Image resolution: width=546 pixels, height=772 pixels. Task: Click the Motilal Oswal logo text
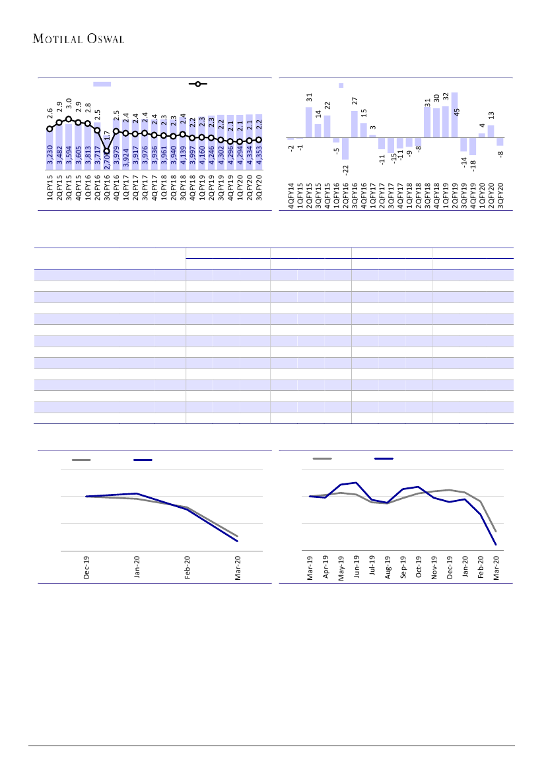click(79, 38)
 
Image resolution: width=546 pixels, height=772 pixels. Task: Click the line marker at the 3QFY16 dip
click(107, 151)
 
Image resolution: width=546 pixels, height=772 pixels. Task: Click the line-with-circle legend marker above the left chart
click(198, 85)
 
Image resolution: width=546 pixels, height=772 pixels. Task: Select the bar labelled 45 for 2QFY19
click(454, 115)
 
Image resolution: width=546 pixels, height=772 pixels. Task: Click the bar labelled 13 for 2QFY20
click(491, 131)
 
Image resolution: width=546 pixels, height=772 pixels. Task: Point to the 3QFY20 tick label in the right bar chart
click(500, 196)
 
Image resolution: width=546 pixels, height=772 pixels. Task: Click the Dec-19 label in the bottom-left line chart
click(86, 568)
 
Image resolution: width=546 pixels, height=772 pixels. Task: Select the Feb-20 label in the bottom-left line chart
click(188, 568)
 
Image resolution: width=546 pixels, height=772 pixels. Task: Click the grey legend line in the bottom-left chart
click(81, 460)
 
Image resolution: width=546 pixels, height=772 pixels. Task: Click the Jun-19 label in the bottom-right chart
click(357, 568)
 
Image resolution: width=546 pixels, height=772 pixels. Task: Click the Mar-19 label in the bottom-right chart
click(310, 568)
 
